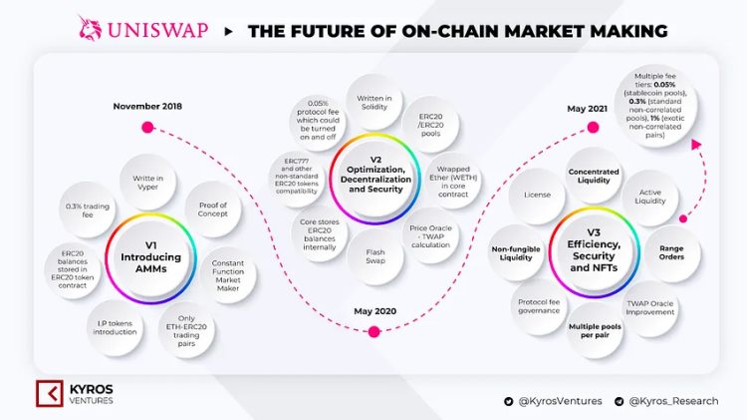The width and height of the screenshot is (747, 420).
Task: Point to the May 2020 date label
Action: pyautogui.click(x=374, y=311)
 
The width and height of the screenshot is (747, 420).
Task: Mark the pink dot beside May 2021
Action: pyautogui.click(x=593, y=127)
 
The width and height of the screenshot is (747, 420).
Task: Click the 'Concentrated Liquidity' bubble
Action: pyautogui.click(x=593, y=177)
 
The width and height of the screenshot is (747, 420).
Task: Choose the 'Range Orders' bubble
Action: pyautogui.click(x=670, y=250)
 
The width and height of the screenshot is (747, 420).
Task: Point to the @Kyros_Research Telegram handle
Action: pyautogui.click(x=673, y=401)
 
